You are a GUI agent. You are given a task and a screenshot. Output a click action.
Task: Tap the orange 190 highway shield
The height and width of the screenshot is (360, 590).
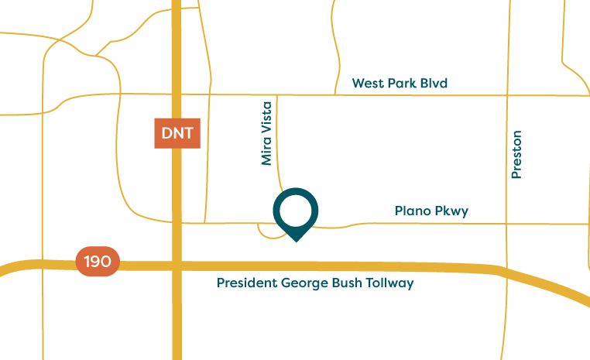click(98, 262)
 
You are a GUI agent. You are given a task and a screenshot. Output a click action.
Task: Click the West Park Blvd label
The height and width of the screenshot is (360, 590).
click(400, 83)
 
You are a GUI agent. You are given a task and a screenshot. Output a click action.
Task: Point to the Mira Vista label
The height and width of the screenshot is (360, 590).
click(267, 132)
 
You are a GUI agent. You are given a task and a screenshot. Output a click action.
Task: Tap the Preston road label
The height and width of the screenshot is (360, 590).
click(516, 154)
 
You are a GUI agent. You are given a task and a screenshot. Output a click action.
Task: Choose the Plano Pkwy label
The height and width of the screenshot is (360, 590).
click(431, 211)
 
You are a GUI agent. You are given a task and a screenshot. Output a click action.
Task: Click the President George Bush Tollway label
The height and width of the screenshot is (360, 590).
click(315, 283)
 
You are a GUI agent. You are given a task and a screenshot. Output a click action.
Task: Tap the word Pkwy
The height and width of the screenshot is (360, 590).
click(453, 211)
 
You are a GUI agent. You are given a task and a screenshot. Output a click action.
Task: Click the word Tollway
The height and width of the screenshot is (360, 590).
click(392, 283)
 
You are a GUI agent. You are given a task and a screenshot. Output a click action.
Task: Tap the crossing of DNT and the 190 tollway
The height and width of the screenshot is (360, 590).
click(177, 265)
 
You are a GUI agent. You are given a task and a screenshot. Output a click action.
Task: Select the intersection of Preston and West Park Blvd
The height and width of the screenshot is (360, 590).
click(508, 96)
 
